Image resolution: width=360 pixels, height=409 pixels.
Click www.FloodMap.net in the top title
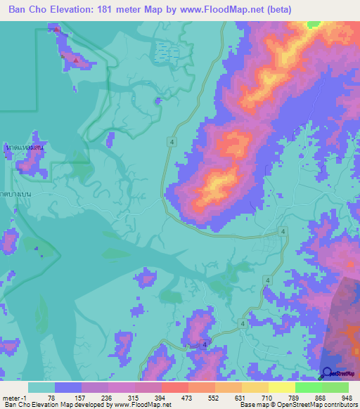click(x=212, y=10)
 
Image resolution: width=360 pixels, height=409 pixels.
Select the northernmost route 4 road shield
click(x=172, y=142)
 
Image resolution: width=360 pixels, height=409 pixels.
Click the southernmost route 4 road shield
click(x=205, y=345)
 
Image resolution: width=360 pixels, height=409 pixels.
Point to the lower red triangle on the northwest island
click(x=76, y=59)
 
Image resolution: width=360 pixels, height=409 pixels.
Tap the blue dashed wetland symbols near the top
click(x=166, y=49)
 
